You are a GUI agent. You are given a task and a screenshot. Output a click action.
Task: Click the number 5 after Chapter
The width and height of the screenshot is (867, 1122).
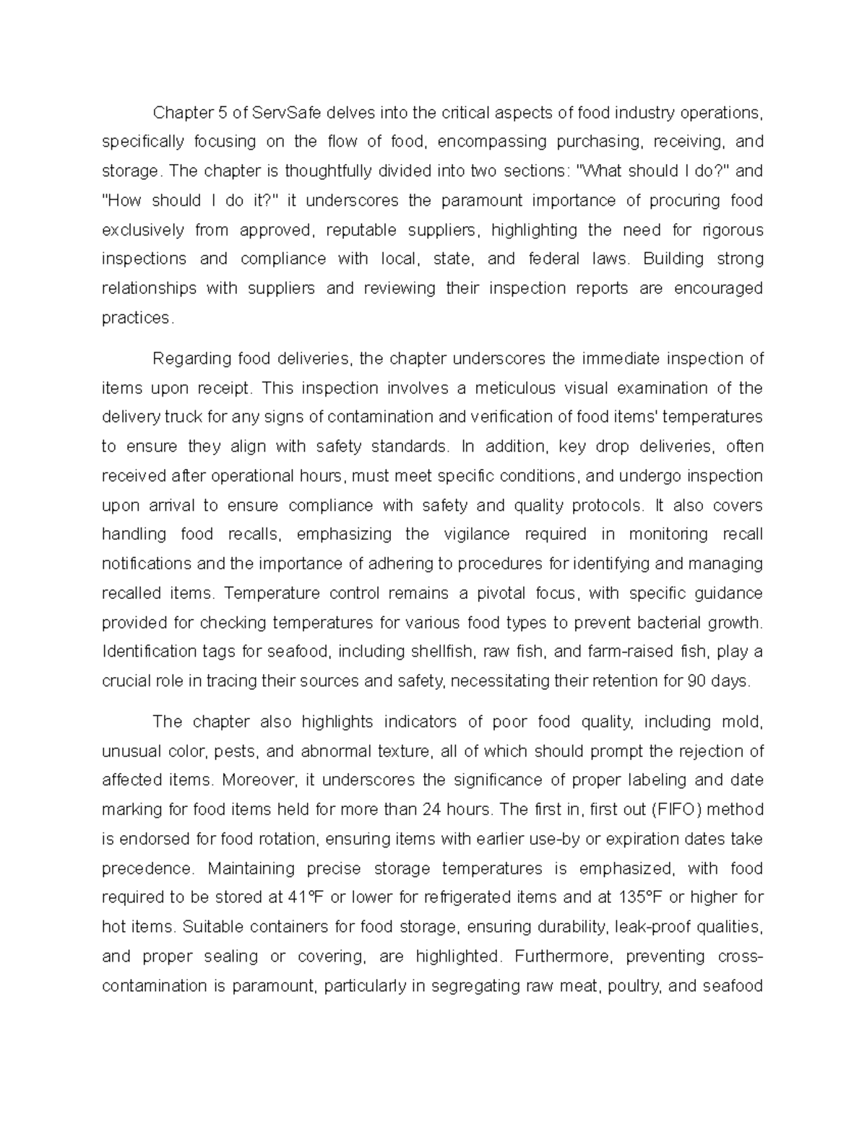coord(220,113)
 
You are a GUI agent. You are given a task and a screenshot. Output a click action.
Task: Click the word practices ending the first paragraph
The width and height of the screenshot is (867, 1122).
coord(137,318)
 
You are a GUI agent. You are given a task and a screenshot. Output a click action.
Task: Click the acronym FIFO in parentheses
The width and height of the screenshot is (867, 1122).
coord(676,809)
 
